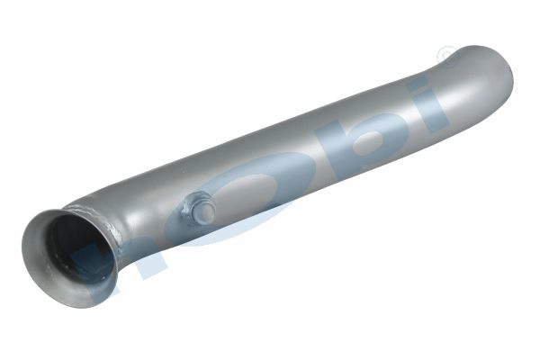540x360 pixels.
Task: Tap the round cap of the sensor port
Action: [x=203, y=211]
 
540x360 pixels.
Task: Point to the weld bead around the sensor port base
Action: [x=187, y=214]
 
